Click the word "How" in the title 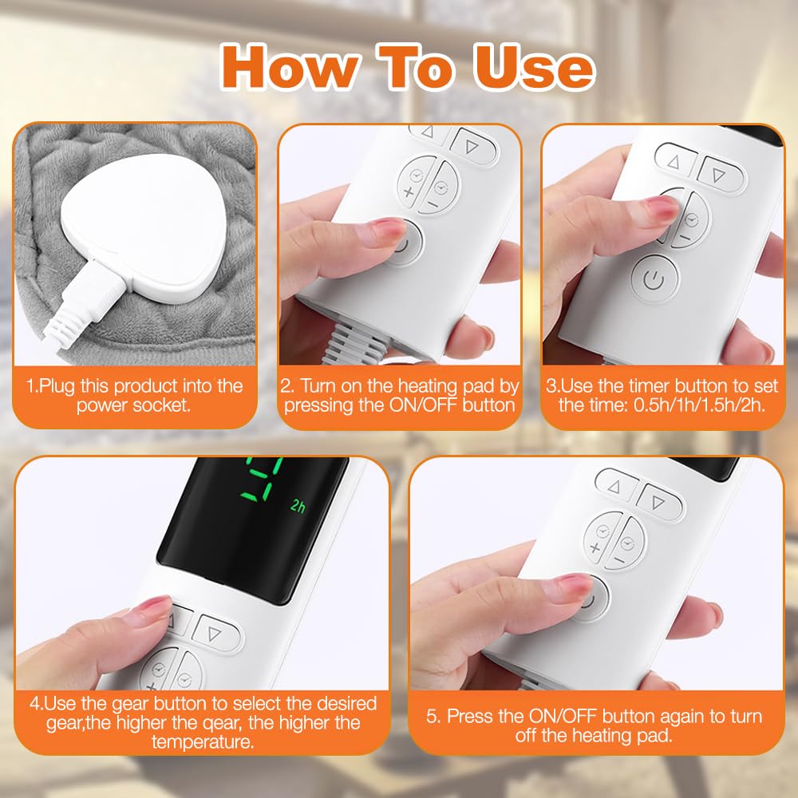[289, 68]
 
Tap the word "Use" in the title [533, 68]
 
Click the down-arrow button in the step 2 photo [472, 146]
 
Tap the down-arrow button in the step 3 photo [720, 174]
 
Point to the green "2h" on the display [298, 505]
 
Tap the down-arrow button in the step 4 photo [215, 633]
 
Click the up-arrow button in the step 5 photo [615, 485]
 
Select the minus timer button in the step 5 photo [626, 543]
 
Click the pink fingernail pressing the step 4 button [155, 606]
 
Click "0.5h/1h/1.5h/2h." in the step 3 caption [699, 405]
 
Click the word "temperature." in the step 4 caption [203, 741]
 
